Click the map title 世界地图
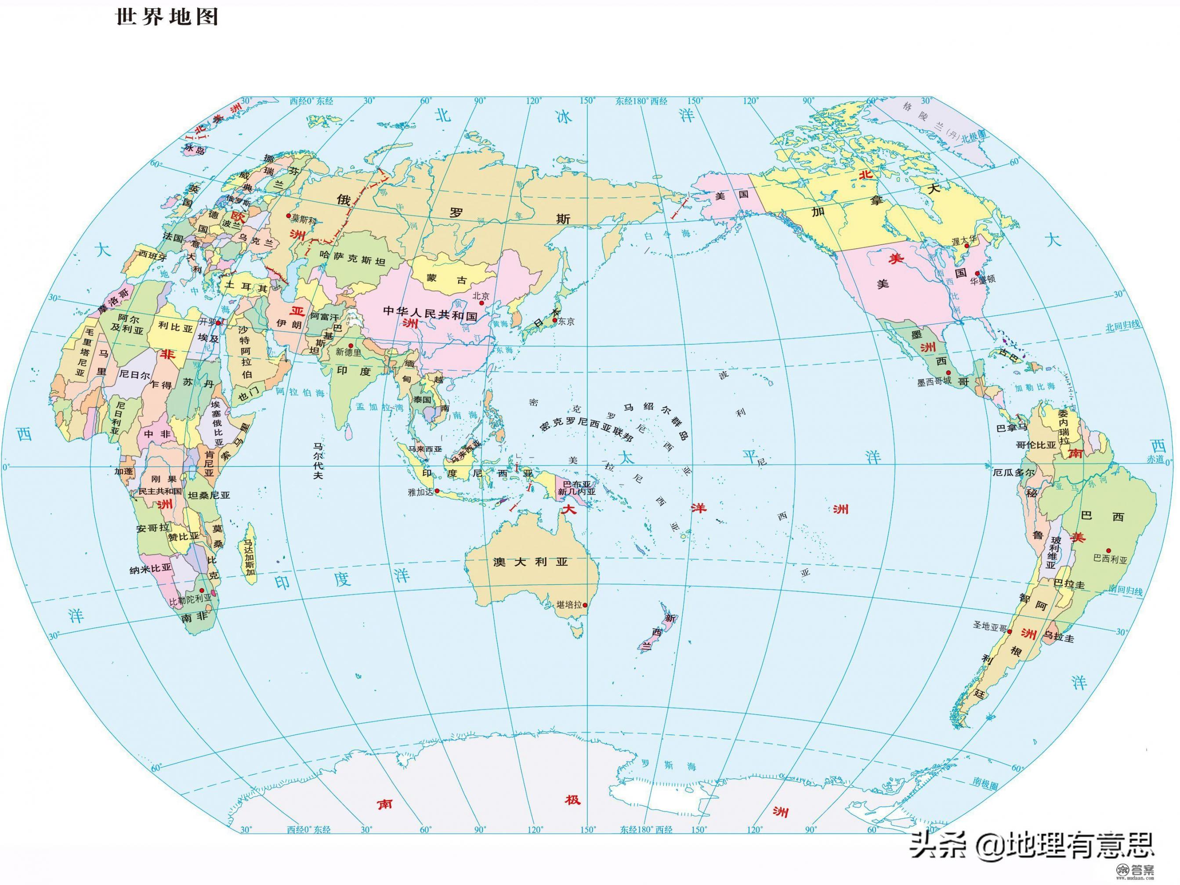point(167,17)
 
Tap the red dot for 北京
point(481,303)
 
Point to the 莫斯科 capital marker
point(289,216)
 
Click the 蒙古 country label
point(447,279)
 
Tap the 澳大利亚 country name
point(531,562)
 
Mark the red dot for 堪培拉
point(585,605)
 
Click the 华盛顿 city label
point(983,279)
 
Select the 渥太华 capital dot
point(966,246)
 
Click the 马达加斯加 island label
point(249,560)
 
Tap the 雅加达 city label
point(420,492)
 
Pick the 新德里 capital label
point(348,352)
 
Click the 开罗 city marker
point(219,323)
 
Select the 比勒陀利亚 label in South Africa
point(191,599)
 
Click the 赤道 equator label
point(1154,459)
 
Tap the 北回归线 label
point(1122,326)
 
